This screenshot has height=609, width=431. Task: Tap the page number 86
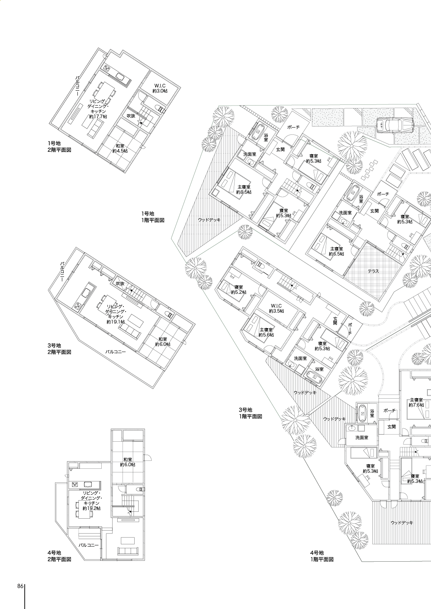click(20, 586)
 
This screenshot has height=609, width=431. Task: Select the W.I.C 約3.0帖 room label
click(160, 88)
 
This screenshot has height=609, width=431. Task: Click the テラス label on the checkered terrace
click(373, 271)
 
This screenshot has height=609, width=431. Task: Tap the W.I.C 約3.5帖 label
click(276, 308)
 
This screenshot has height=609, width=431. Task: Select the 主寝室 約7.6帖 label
click(416, 403)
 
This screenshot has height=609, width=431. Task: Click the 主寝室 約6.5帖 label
click(336, 251)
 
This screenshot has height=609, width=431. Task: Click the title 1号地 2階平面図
click(59, 146)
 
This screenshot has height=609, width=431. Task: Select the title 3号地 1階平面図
click(250, 413)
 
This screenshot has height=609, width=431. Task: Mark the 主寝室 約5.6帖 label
click(266, 332)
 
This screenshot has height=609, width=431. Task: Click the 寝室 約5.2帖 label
click(238, 290)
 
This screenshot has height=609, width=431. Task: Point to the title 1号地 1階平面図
click(153, 217)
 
